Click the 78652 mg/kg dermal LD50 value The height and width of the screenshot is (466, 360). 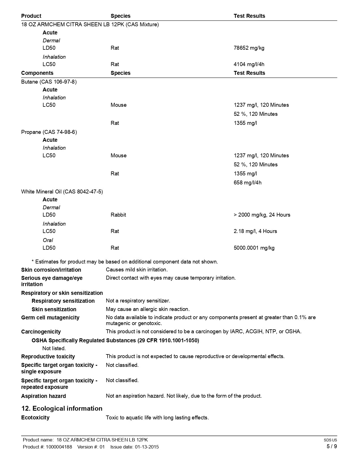click(249, 48)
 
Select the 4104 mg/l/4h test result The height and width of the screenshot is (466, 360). click(249, 64)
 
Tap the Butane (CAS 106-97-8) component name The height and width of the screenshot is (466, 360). click(49, 82)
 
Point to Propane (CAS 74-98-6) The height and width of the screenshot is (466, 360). click(49, 132)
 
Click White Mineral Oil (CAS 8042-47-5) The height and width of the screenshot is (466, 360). click(62, 191)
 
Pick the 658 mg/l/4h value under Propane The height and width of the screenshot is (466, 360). click(247, 182)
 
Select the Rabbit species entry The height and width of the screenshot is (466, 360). click(118, 215)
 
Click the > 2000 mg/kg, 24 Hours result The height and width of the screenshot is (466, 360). click(262, 215)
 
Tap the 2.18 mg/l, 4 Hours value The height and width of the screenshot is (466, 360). click(255, 231)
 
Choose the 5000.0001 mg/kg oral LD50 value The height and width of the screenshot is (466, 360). click(254, 248)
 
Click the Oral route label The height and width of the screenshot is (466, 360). click(48, 240)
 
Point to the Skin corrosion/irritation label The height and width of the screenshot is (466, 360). click(51, 270)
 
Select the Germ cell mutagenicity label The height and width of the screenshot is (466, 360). click(50, 317)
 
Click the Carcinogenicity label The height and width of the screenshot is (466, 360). click(41, 332)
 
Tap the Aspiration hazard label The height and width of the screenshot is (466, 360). click(43, 396)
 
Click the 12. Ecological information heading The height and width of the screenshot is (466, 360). click(62, 408)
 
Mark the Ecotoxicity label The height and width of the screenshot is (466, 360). click(35, 417)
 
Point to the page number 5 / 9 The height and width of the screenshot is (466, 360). click(331, 446)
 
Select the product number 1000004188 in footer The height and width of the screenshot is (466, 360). click(58, 447)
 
